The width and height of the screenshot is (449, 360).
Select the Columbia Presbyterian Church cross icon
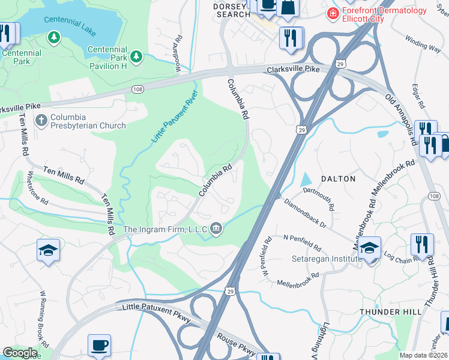click(41, 121)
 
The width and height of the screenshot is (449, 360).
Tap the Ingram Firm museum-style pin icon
click(216, 229)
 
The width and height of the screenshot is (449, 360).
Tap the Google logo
click(20, 353)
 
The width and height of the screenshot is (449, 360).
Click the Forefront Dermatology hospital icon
click(332, 12)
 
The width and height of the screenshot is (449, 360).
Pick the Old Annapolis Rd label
click(401, 118)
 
